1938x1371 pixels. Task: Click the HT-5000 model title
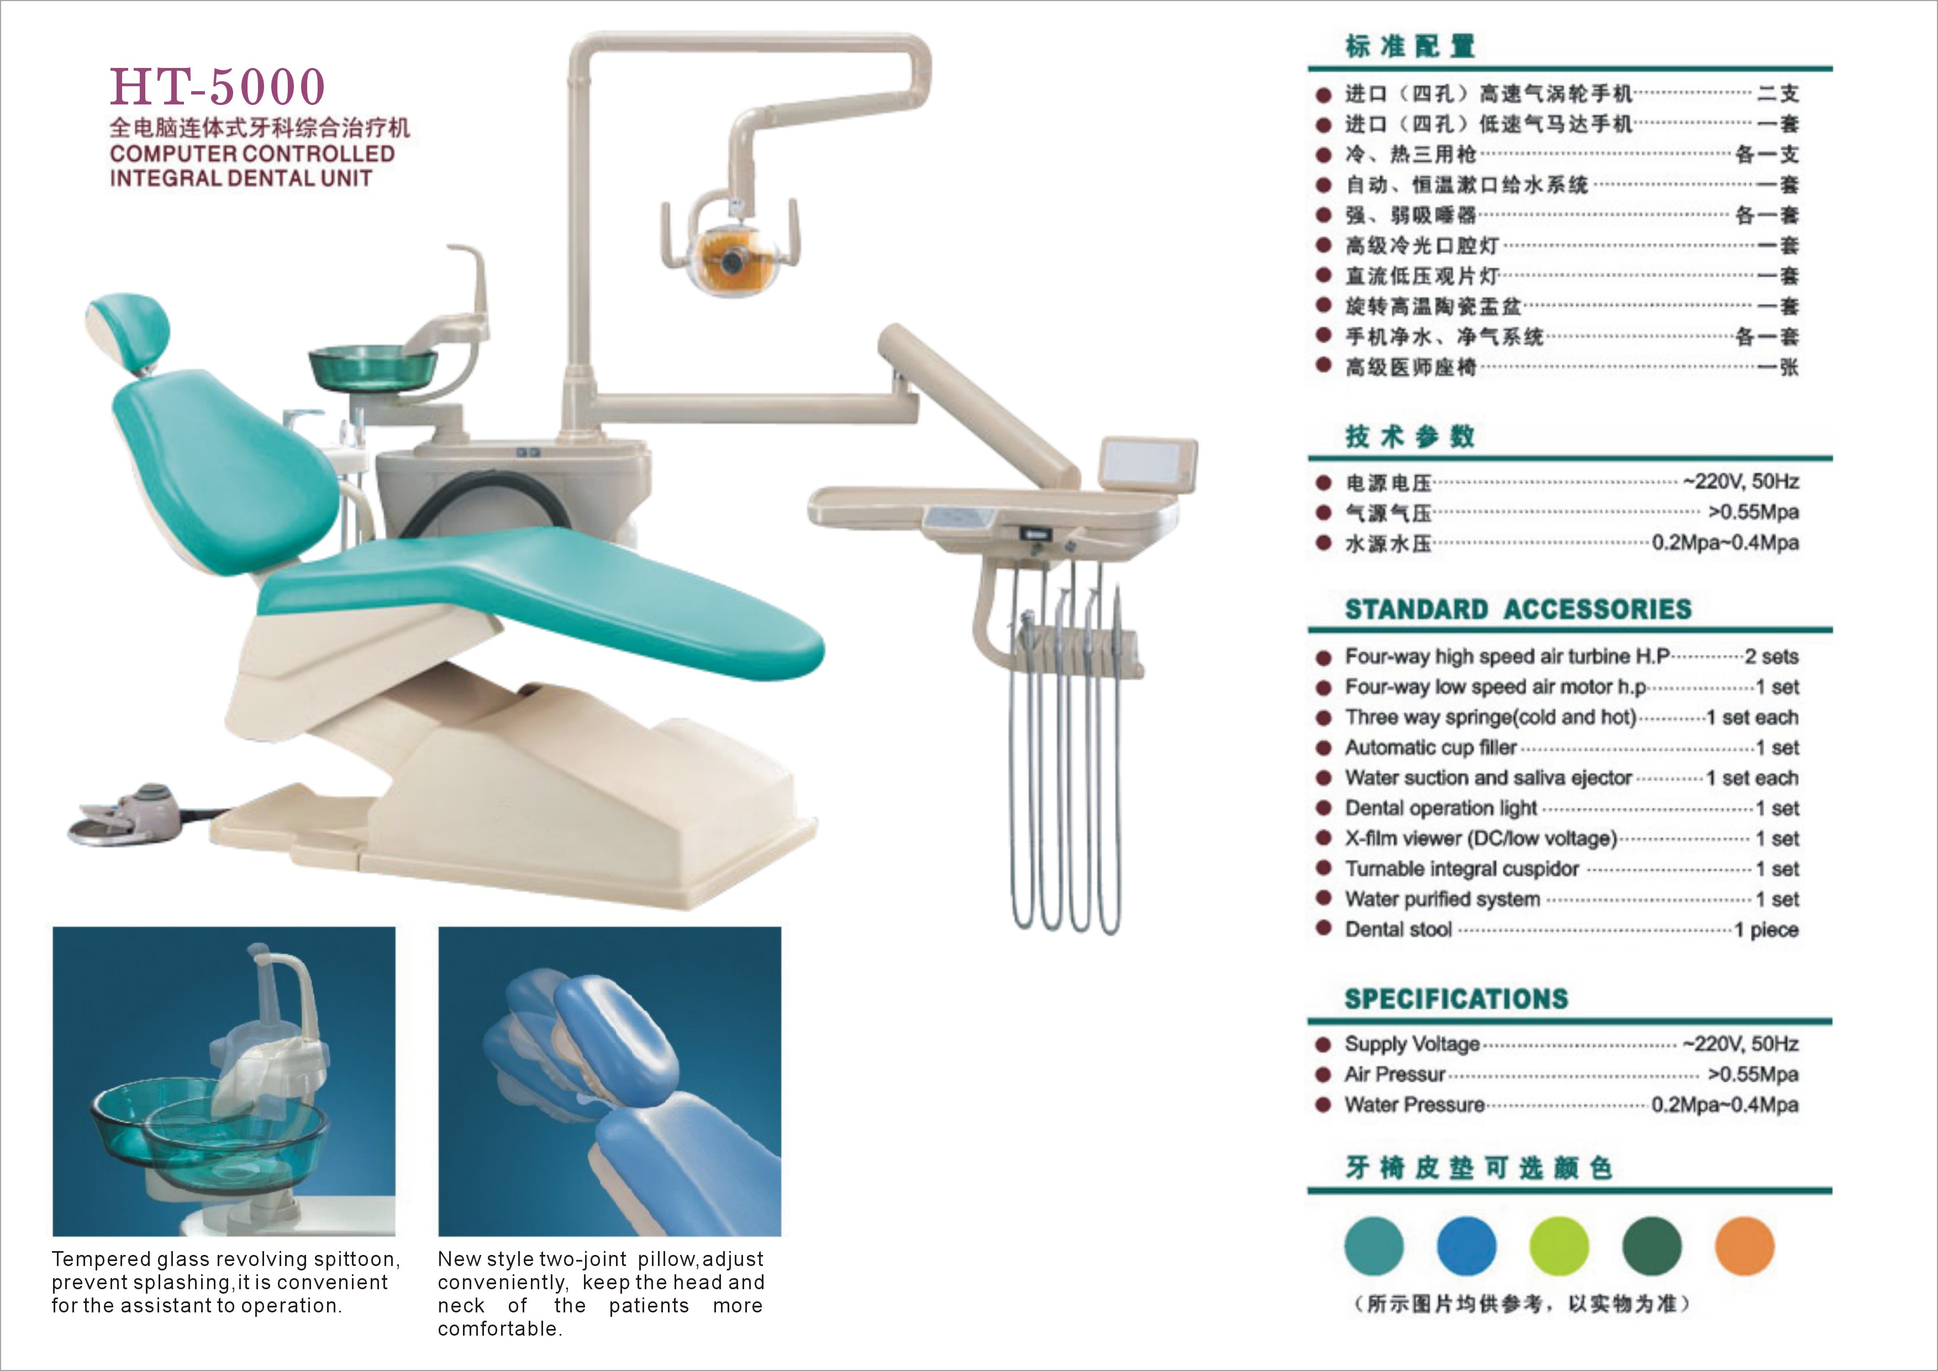[217, 86]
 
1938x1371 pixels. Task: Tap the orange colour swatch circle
[1745, 1246]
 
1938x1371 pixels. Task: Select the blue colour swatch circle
[1466, 1246]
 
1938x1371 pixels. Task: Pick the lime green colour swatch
[1559, 1246]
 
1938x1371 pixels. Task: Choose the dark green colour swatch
[1652, 1246]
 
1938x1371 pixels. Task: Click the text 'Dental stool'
[1398, 929]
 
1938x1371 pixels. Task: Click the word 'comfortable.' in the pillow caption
[499, 1329]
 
